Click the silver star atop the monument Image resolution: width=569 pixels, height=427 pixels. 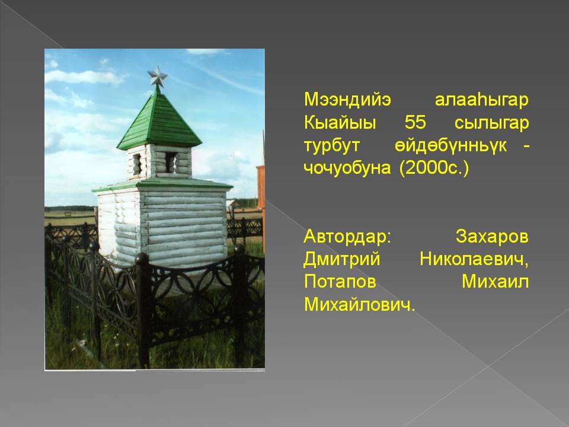pos(157,77)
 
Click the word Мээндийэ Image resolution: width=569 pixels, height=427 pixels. pos(347,100)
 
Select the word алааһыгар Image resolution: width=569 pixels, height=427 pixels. pos(481,100)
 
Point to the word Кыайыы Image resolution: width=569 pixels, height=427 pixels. pos(340,122)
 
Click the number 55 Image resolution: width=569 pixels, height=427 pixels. pos(415,122)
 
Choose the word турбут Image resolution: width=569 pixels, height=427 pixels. pos(332,146)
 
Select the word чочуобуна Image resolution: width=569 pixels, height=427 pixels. pos(347,168)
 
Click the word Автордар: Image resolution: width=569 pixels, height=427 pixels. pos(348,237)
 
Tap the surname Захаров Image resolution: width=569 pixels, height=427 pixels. pos(492,237)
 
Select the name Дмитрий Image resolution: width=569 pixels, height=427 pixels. pos(342,259)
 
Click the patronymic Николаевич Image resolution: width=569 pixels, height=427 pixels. pos(474,259)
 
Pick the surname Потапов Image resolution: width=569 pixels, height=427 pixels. pos(340,282)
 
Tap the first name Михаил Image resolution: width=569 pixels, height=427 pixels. pos(495,282)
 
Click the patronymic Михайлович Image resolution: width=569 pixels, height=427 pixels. pos(359,305)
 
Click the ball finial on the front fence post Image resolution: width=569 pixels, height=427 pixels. pos(142,259)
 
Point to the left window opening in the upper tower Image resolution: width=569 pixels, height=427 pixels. pos(137,164)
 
